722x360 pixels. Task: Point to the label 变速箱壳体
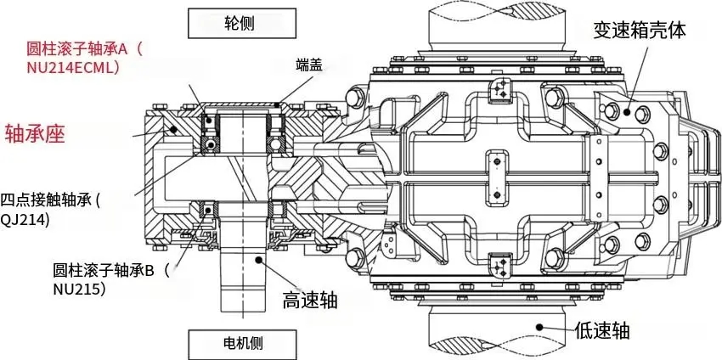pyautogui.click(x=639, y=31)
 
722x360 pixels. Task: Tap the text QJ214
pyautogui.click(x=26, y=220)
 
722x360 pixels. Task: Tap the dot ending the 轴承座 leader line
pyautogui.click(x=174, y=129)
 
